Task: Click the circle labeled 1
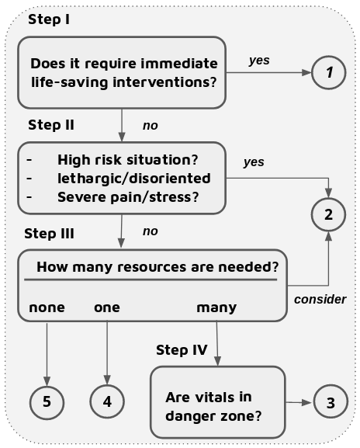(x=329, y=74)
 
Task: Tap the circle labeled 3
(x=331, y=402)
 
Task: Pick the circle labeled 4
(x=107, y=402)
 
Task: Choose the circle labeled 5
(x=47, y=402)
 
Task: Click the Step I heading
(x=49, y=19)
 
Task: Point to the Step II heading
(x=52, y=124)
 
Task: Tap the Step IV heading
(x=182, y=349)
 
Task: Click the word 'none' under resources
(x=47, y=307)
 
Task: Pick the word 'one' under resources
(x=107, y=307)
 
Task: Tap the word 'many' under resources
(x=216, y=307)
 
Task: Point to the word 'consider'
(x=320, y=299)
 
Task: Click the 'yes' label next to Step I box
(x=259, y=60)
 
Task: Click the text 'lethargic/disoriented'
(x=133, y=179)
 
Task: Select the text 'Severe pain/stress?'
(x=128, y=196)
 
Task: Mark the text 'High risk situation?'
(x=127, y=160)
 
